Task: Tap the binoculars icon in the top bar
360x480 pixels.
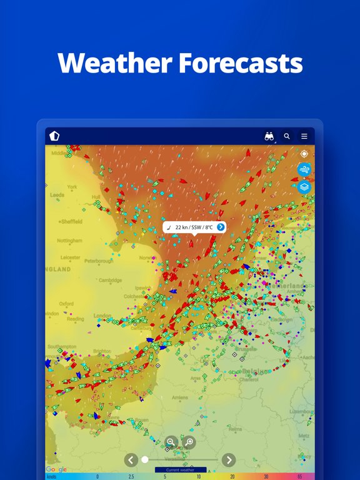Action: tap(269, 136)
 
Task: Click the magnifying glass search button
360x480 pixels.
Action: tap(287, 136)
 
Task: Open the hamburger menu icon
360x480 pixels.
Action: tap(304, 136)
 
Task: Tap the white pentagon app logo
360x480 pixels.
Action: tap(54, 136)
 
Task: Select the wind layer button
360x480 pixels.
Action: tap(304, 169)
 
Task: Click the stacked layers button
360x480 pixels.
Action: tap(304, 186)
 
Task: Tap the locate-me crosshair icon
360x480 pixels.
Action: tap(304, 154)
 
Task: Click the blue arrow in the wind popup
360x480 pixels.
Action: tap(221, 227)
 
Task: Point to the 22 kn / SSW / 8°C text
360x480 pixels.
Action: tap(194, 227)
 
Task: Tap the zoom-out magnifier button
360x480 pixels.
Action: tap(171, 442)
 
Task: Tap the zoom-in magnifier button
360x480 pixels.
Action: tap(189, 442)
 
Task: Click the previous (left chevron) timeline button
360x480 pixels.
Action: tap(131, 460)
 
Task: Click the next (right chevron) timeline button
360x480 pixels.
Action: tap(229, 460)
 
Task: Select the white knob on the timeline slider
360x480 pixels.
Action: tap(145, 459)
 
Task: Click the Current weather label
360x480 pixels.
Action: tap(181, 469)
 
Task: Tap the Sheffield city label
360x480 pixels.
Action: tap(72, 221)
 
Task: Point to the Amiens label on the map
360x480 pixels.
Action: tap(179, 397)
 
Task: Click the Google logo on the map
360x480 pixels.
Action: tap(56, 469)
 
